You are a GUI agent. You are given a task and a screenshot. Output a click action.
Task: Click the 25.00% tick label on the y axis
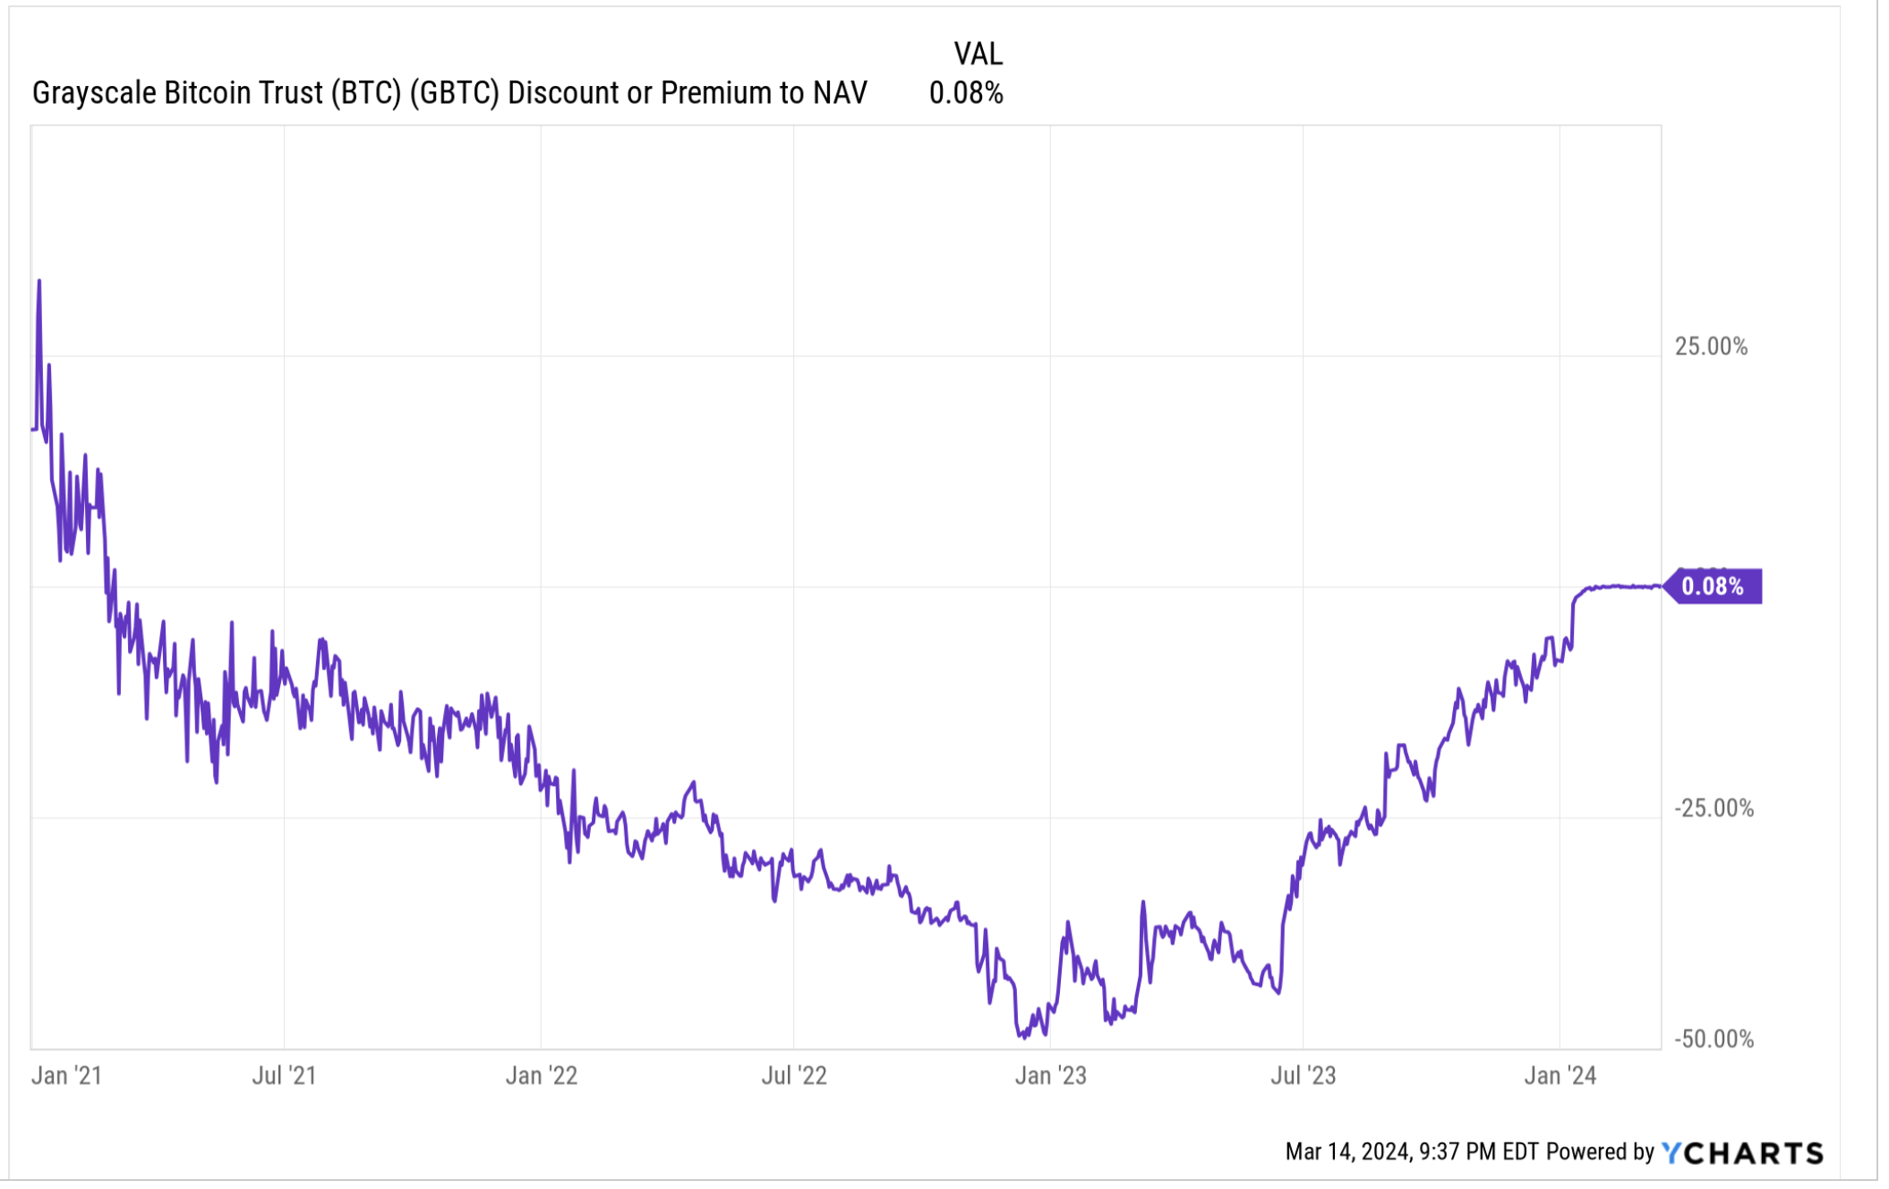[1710, 346]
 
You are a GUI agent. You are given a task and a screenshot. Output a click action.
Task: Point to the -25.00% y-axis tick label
[1714, 808]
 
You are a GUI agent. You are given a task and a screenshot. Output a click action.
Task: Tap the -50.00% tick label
[1714, 1039]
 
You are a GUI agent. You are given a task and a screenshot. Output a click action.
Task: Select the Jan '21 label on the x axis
[67, 1075]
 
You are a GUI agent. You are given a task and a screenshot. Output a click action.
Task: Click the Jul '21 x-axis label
[284, 1075]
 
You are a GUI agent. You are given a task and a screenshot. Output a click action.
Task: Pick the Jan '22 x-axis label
[541, 1075]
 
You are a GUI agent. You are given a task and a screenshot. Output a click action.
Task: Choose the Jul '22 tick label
[793, 1075]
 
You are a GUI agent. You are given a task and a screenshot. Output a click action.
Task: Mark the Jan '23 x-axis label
[1050, 1075]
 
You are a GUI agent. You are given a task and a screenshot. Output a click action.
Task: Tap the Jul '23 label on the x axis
[1303, 1075]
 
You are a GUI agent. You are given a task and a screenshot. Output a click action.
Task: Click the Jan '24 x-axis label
[1560, 1075]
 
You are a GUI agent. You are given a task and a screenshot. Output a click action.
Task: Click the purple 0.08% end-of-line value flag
[1714, 586]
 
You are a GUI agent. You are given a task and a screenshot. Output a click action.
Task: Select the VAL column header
[978, 55]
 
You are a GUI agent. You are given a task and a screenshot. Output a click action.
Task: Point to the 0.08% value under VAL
[966, 93]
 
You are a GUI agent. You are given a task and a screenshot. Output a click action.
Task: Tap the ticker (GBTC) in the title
[454, 93]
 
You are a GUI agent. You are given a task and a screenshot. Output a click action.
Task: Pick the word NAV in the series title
[840, 93]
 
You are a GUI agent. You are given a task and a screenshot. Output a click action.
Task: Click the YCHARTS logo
[1742, 1152]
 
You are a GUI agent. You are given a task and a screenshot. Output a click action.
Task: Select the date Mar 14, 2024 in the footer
[1347, 1152]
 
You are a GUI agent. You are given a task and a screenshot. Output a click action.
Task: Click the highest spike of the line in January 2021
[39, 281]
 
